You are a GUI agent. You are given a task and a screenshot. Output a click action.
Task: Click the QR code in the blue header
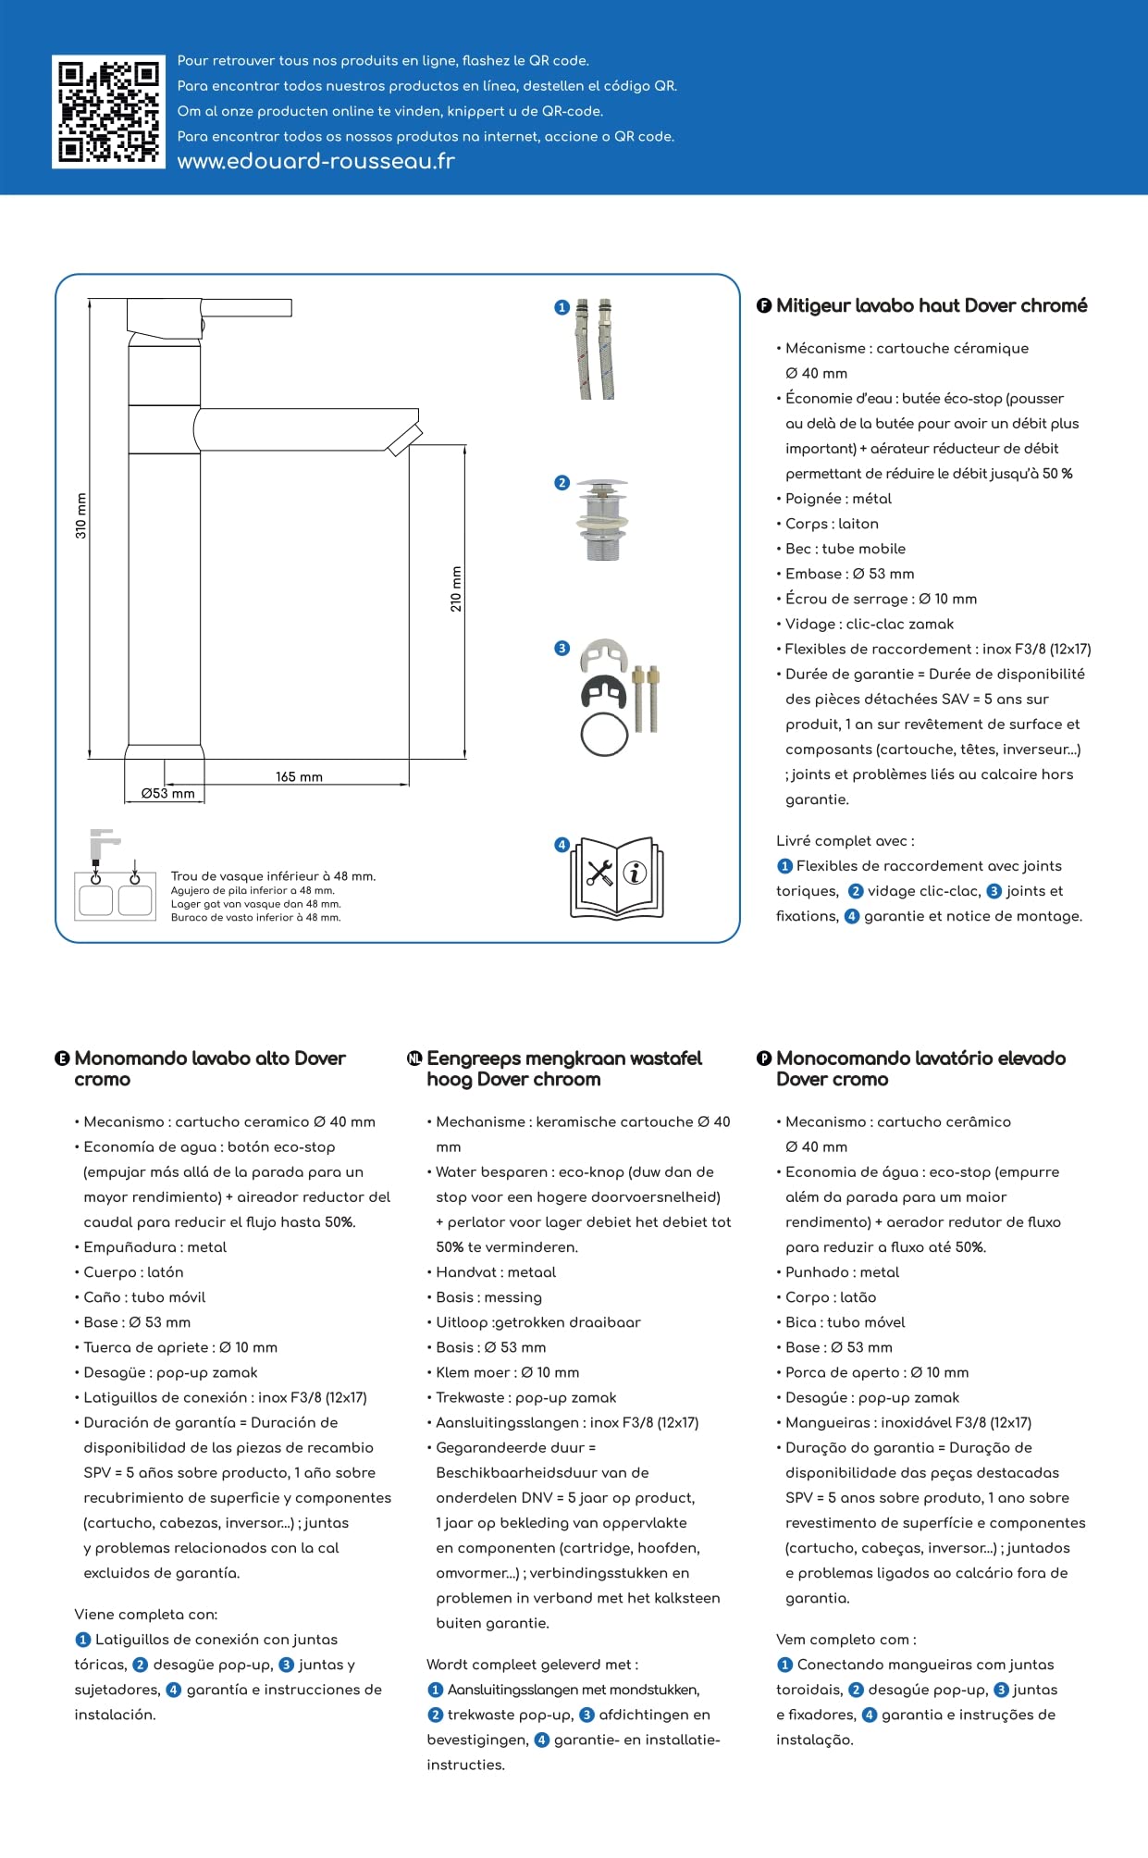108,112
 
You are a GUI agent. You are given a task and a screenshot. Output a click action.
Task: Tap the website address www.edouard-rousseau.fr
315,162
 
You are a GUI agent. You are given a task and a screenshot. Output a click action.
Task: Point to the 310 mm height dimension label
81,516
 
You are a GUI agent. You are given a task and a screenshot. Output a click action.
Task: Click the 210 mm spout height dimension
456,588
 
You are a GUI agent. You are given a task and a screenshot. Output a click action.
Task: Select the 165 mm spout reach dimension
299,776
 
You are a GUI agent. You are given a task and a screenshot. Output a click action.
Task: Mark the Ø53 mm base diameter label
167,793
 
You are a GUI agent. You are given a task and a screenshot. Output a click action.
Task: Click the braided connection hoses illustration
597,349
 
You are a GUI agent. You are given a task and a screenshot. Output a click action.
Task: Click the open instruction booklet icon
616,877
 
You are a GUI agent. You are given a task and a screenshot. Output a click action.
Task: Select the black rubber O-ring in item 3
604,735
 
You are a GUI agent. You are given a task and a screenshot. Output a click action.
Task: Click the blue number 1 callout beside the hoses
562,307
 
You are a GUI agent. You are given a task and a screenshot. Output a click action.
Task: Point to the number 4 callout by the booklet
562,845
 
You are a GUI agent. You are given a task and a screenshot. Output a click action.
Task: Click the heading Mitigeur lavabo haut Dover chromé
931,305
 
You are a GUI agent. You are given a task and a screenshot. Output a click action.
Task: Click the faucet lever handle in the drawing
245,308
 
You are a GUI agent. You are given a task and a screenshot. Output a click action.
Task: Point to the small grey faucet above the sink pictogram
102,843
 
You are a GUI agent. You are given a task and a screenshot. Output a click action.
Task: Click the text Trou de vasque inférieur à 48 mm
273,875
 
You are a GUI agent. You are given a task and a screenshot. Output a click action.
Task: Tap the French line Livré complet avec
845,840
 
